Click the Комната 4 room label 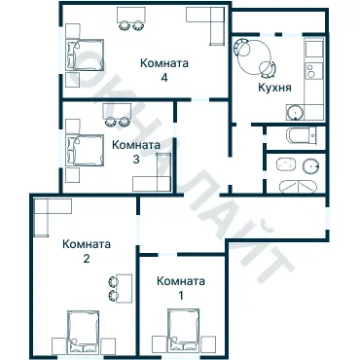tap(164, 69)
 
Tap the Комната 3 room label tap(136, 151)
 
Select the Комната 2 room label tap(86, 251)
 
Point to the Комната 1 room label tap(181, 286)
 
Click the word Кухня tap(275, 88)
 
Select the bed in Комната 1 tap(185, 330)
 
